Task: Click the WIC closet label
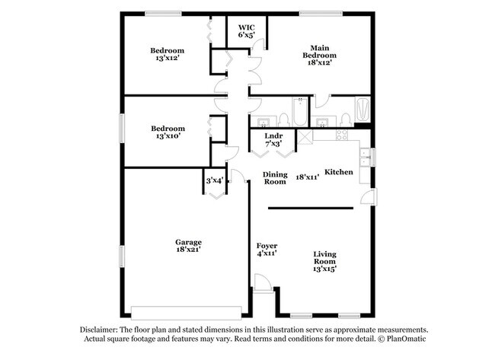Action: point(245,27)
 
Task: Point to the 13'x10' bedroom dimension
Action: point(168,137)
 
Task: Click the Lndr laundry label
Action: point(273,135)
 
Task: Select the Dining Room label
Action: point(275,177)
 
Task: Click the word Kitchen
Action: point(339,172)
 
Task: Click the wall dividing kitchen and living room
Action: point(311,207)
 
